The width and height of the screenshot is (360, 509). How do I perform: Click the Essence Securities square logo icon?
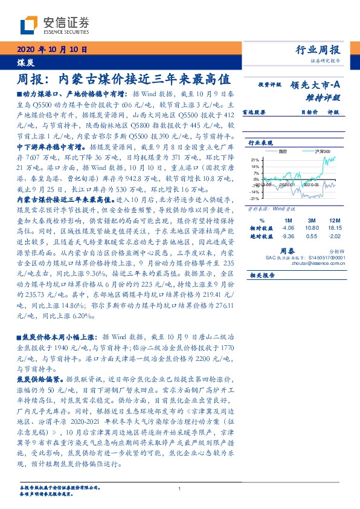pyautogui.click(x=27, y=24)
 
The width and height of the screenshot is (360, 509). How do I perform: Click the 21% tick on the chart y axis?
pyautogui.click(x=256, y=160)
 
